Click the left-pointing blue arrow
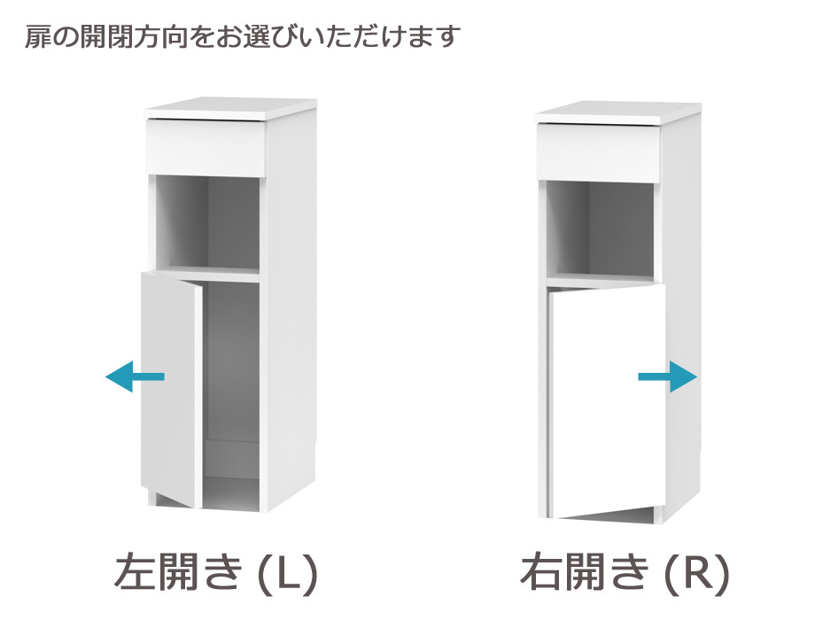tap(135, 376)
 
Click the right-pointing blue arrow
tap(668, 376)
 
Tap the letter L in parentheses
tap(287, 573)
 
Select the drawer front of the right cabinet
tap(599, 152)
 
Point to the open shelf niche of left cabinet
tap(208, 223)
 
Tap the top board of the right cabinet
tap(618, 112)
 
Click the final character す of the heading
tap(447, 37)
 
